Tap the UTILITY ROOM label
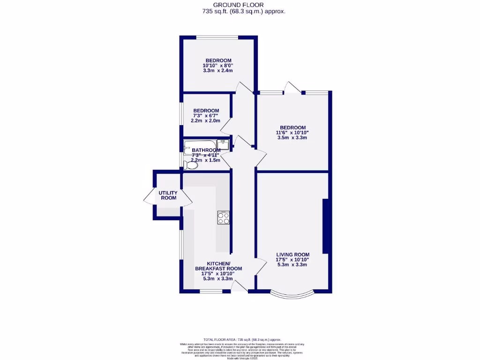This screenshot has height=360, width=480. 168,195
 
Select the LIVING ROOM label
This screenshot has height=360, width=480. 292,255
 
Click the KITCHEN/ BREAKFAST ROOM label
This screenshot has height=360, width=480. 218,266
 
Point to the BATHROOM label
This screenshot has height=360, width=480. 206,150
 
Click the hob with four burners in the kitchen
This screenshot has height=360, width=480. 224,217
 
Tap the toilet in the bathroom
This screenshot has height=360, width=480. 190,165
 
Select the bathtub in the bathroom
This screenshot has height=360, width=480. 201,144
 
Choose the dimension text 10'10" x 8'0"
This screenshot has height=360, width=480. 217,66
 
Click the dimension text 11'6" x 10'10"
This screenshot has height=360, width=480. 292,133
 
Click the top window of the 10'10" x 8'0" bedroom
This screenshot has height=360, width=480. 217,38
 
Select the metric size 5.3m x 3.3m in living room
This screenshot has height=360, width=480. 292,265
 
